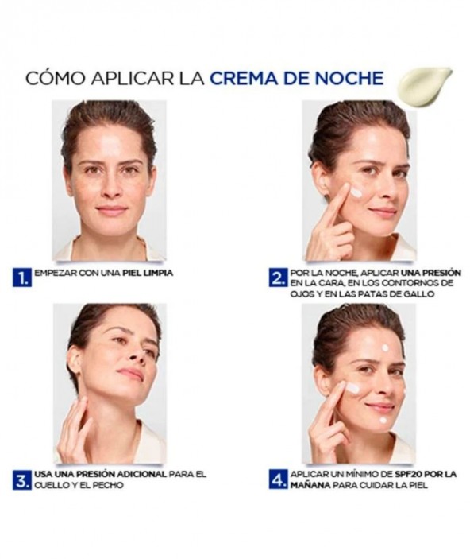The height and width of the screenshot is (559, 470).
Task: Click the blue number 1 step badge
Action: (x=21, y=278)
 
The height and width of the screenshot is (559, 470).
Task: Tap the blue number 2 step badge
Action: (x=277, y=278)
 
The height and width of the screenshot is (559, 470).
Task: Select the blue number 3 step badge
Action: (x=21, y=480)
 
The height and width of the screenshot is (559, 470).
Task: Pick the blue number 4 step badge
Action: (x=278, y=479)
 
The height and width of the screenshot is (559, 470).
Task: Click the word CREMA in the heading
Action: (x=243, y=79)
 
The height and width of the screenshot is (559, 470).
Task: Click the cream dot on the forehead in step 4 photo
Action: (x=385, y=348)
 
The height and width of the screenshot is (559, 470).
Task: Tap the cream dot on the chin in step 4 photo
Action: (x=383, y=420)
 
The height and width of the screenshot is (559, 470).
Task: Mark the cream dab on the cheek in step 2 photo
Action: (x=356, y=193)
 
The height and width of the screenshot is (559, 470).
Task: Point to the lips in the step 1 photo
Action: (x=111, y=210)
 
